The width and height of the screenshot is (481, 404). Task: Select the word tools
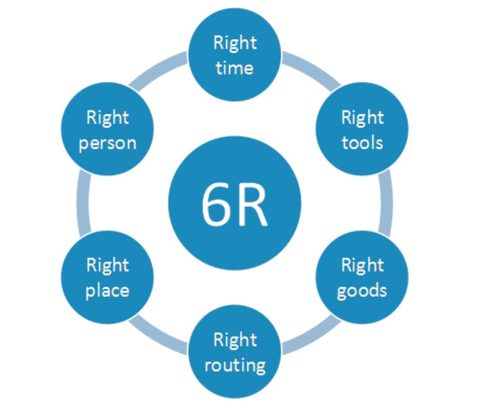[362, 142]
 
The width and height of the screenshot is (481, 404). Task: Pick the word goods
[362, 290]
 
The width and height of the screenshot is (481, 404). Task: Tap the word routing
[234, 365]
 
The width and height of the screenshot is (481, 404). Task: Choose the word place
[107, 290]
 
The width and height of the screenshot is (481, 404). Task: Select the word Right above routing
[234, 340]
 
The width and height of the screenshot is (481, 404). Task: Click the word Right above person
[107, 118]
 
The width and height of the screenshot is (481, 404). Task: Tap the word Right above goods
[362, 266]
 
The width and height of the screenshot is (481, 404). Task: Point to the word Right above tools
[362, 118]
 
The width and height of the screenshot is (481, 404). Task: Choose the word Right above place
[107, 266]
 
